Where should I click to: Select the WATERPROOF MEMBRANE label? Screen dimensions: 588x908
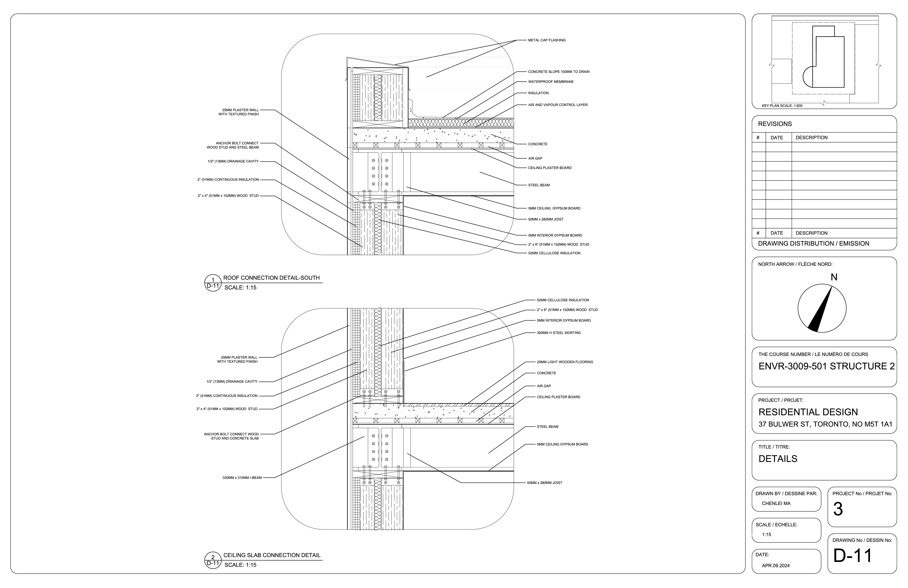[x=550, y=82]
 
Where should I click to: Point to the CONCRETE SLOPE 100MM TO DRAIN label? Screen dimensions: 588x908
[x=559, y=72]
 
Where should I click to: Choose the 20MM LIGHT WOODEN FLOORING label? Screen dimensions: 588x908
[x=565, y=362]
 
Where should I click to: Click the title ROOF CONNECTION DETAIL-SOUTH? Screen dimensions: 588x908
[x=271, y=278]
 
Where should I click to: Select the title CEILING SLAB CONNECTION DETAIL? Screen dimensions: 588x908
[x=272, y=555]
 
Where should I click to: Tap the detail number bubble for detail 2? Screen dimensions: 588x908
[x=213, y=560]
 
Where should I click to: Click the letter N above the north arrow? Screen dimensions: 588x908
[x=834, y=277]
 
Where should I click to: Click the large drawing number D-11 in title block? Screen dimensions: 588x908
[x=852, y=556]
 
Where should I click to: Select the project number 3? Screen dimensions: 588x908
[x=838, y=509]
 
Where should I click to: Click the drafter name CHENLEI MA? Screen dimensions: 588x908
[x=776, y=503]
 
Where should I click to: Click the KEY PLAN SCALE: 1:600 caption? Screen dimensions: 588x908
[x=782, y=106]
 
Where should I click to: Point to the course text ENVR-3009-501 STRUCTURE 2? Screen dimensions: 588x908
[x=826, y=366]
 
